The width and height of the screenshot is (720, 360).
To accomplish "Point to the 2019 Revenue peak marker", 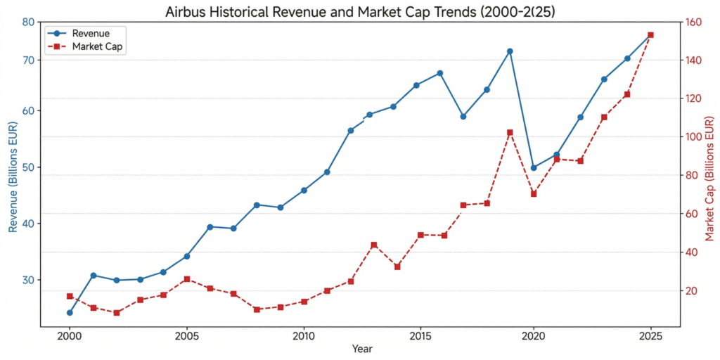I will [510, 51].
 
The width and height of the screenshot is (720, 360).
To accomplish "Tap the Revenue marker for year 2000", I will [70, 312].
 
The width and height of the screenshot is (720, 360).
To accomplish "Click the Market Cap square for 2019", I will [510, 132].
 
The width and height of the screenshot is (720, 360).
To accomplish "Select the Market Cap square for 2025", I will [650, 34].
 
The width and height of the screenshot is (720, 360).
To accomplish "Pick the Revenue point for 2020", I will [534, 168].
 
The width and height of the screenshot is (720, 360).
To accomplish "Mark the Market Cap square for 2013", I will [374, 245].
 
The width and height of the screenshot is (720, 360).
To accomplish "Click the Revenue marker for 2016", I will [440, 73].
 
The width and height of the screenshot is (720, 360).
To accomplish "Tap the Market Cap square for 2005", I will [187, 279].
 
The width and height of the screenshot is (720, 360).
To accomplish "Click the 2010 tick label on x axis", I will [304, 336].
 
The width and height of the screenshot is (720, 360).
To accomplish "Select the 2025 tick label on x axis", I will [650, 336].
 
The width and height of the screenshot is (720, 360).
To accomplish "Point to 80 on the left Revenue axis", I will [28, 22].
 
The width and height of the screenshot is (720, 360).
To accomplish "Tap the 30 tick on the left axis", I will [28, 280].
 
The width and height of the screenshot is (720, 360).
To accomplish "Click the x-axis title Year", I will [362, 349].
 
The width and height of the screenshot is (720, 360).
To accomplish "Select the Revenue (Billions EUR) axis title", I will [12, 174].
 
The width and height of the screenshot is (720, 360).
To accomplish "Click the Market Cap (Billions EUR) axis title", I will [709, 174].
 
